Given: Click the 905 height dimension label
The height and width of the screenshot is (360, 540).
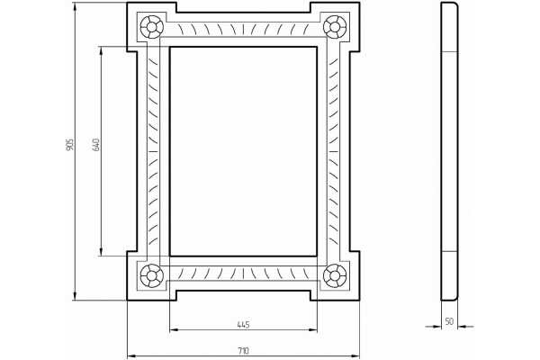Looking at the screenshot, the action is point(70,145).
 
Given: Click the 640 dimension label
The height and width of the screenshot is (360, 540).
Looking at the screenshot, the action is point(96,145).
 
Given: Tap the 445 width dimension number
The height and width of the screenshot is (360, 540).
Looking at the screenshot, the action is point(243,325).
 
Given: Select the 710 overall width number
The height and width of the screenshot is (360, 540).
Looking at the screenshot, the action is point(243,351).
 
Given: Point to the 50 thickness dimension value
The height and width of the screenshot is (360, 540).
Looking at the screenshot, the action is point(449,321).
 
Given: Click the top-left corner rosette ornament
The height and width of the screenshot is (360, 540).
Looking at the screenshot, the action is point(151,26).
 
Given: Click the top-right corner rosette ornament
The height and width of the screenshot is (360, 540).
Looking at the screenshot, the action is point(335,26).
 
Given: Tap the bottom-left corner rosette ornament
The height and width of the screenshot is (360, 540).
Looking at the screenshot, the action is point(151,276).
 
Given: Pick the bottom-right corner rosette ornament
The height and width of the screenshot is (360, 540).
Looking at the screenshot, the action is point(335,276).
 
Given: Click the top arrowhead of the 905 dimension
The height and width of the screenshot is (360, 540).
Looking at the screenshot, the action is point(75,6).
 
